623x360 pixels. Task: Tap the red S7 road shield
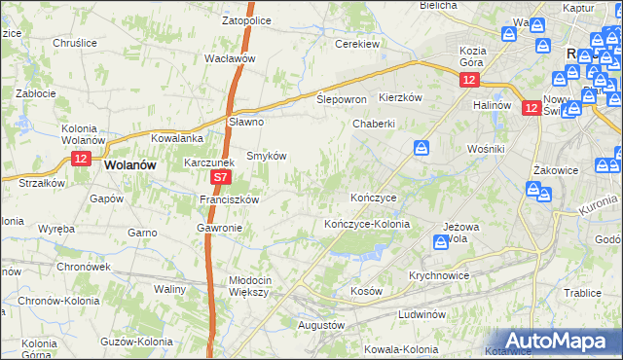point(221,178)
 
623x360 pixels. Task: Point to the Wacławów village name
point(230,58)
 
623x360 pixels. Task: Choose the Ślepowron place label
point(342,99)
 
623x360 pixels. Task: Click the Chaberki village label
point(374,124)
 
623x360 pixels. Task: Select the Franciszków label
point(228,199)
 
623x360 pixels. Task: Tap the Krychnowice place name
point(438,275)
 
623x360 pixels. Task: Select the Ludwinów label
point(421,315)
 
